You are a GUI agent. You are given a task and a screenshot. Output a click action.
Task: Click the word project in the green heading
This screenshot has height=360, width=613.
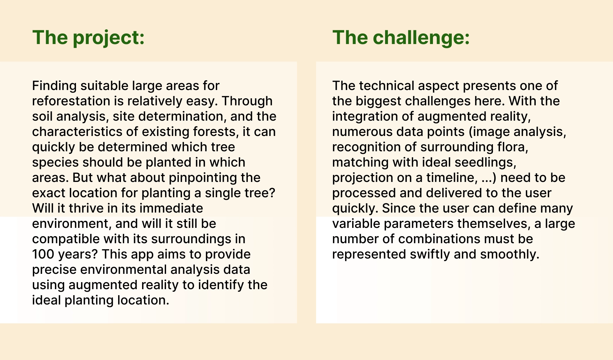point(109,38)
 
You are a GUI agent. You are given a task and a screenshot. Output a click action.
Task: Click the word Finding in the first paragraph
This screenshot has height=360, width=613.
point(54,86)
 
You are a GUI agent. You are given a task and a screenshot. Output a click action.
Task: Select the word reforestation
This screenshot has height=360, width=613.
point(71,101)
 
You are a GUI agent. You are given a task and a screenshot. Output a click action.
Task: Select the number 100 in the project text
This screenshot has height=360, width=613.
point(43,254)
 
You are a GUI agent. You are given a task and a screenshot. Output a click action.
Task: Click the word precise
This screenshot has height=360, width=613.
point(54,270)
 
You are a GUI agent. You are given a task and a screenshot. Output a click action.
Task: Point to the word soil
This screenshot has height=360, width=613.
point(42,116)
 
